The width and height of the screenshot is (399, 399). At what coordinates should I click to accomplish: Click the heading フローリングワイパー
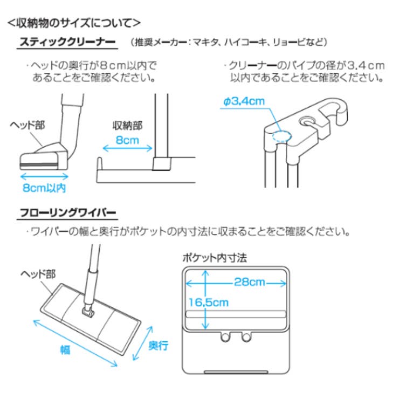[x=67, y=214]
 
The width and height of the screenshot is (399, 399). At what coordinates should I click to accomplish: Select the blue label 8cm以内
[x=45, y=188]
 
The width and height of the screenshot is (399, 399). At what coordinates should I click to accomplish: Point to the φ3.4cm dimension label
[x=243, y=101]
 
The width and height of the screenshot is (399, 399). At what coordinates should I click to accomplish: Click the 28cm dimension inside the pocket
[x=249, y=282]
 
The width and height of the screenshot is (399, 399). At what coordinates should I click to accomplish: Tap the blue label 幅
[x=65, y=349]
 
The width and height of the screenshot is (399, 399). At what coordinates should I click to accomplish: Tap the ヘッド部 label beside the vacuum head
[x=27, y=125]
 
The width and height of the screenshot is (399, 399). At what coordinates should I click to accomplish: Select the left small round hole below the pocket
[x=225, y=337]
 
